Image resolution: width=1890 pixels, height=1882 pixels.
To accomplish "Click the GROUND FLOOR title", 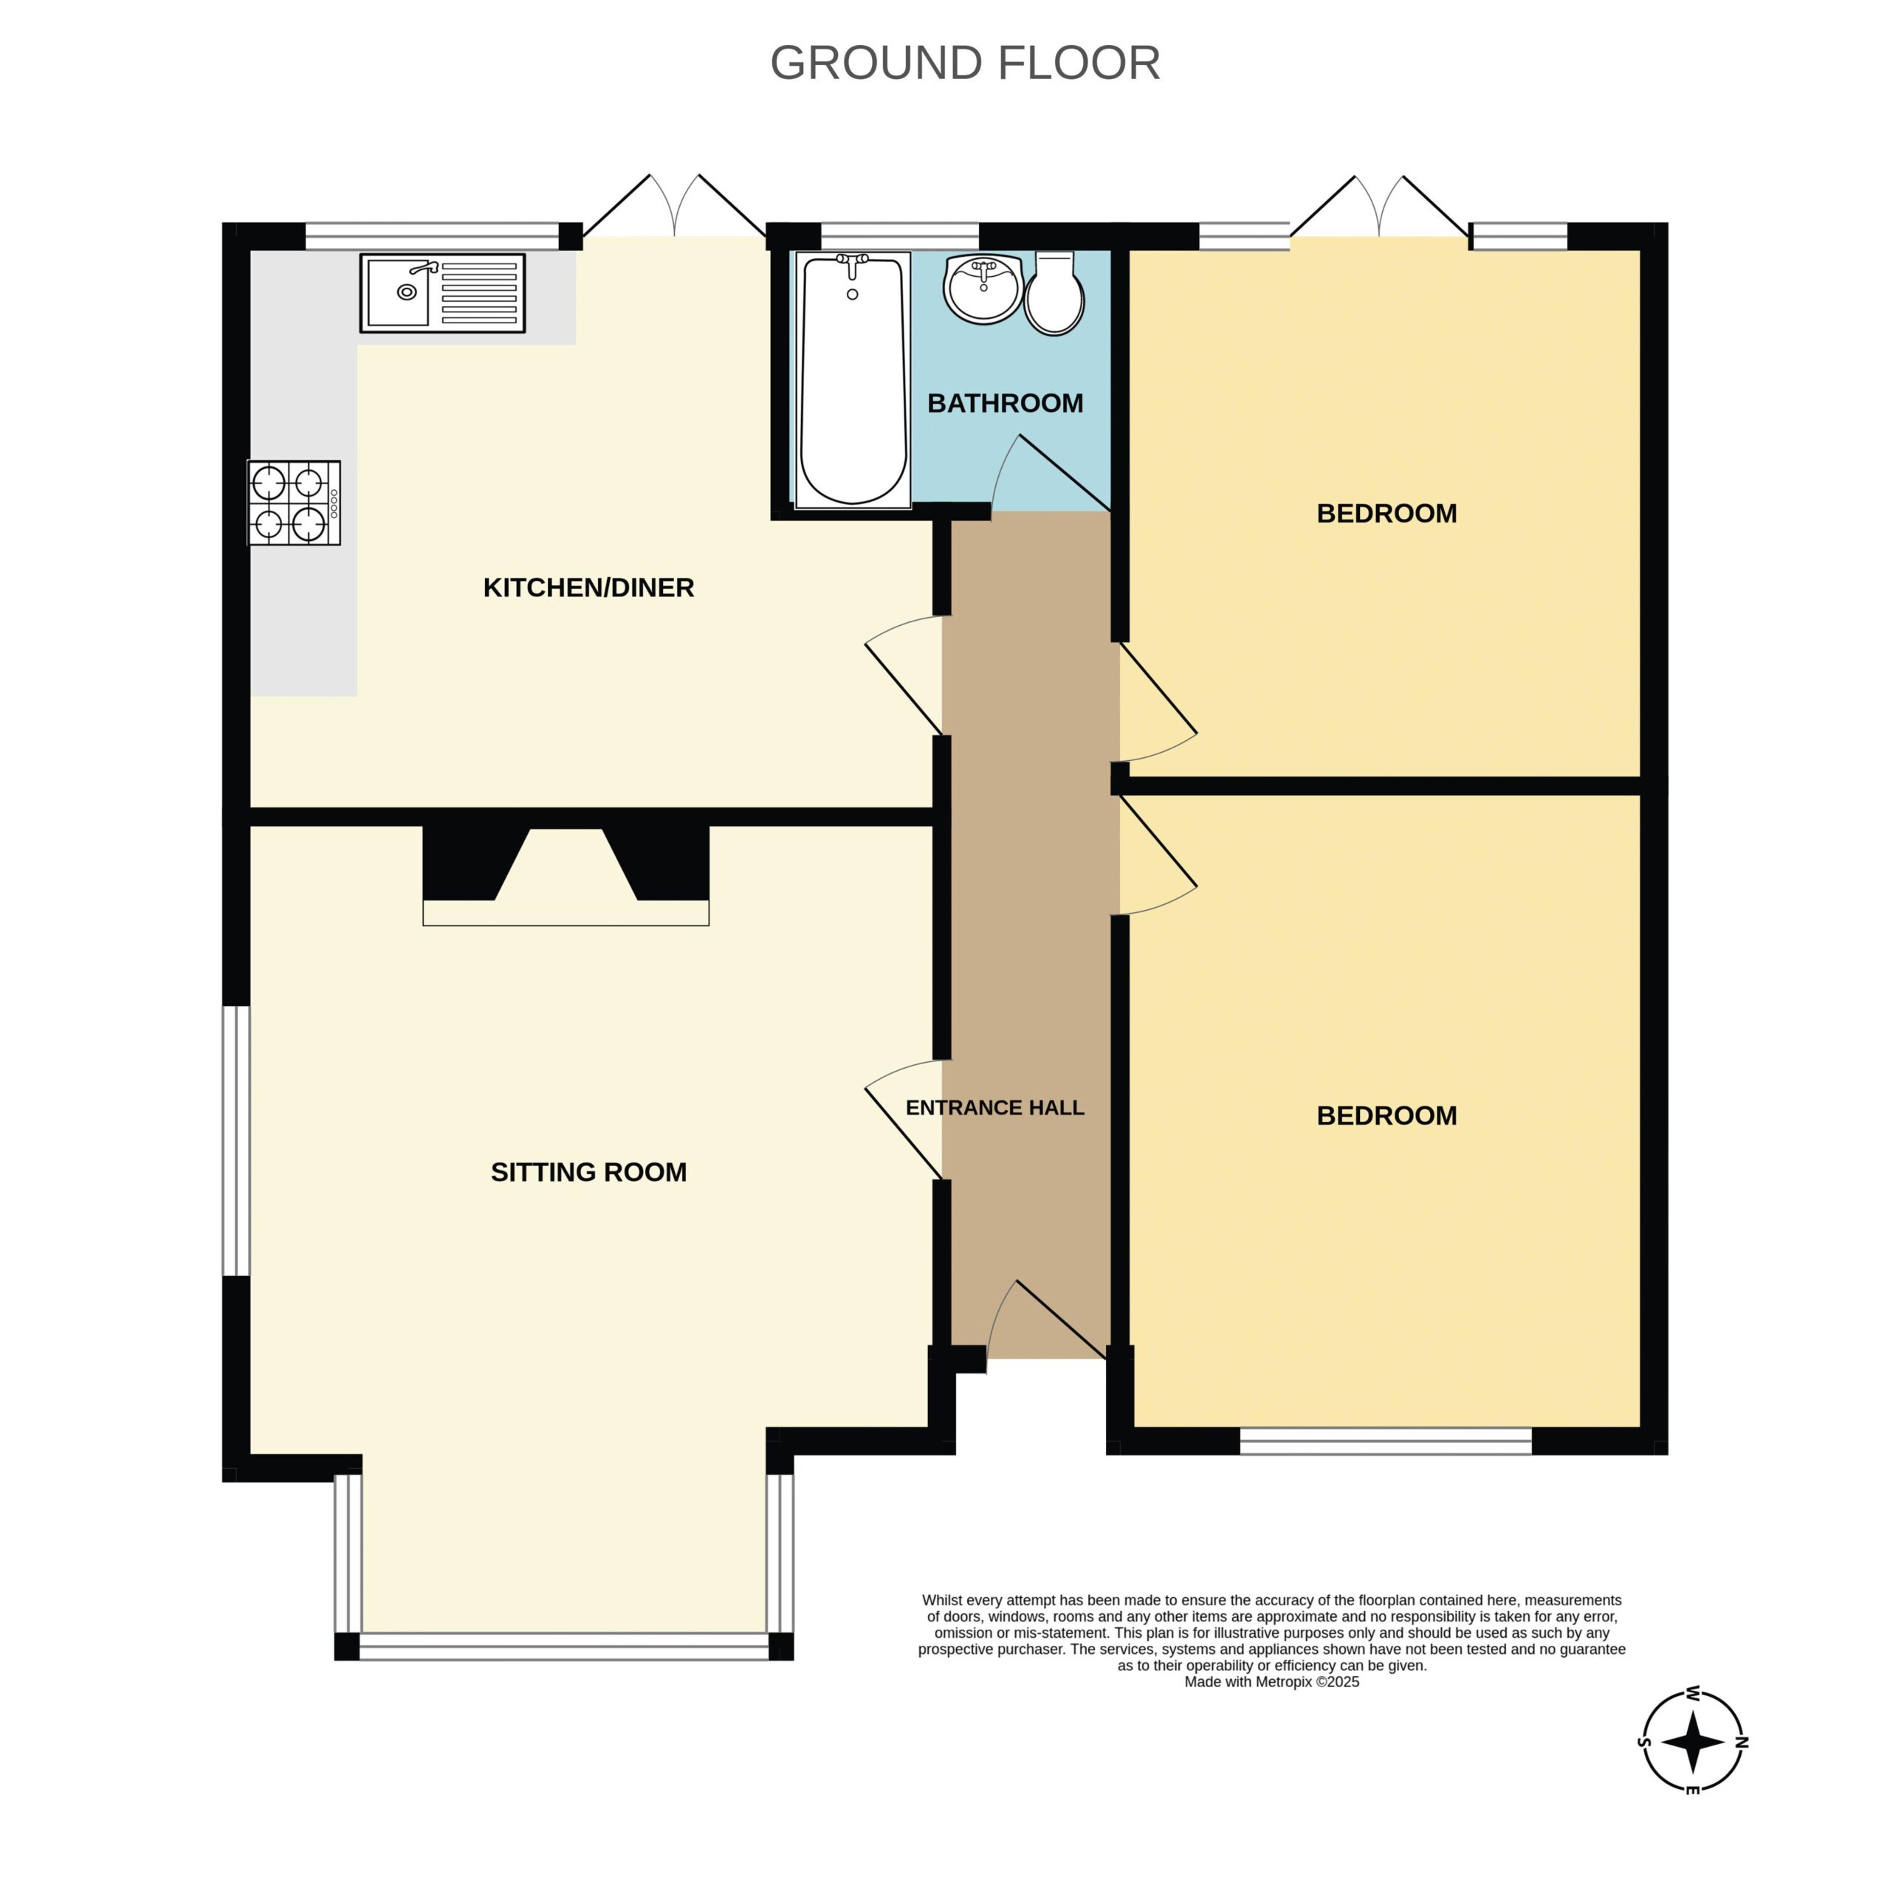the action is point(965,63).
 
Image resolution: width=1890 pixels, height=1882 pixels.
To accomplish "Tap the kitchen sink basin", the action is point(398,292).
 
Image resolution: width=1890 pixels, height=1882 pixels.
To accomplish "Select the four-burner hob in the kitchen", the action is point(295,503).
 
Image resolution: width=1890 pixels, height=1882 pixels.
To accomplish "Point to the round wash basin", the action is point(983,289).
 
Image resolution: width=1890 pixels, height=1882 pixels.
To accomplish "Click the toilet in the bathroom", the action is point(1054,294).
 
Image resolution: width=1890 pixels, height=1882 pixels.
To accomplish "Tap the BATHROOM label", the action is point(1005,403).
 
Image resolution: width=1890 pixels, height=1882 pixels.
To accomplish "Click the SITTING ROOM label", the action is point(589,1172).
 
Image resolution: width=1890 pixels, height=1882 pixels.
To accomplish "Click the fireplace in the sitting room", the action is point(566,875).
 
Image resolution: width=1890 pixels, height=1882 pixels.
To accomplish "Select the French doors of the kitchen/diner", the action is point(674,205).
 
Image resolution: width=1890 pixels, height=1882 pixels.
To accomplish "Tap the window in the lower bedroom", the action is point(1385,1441).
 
